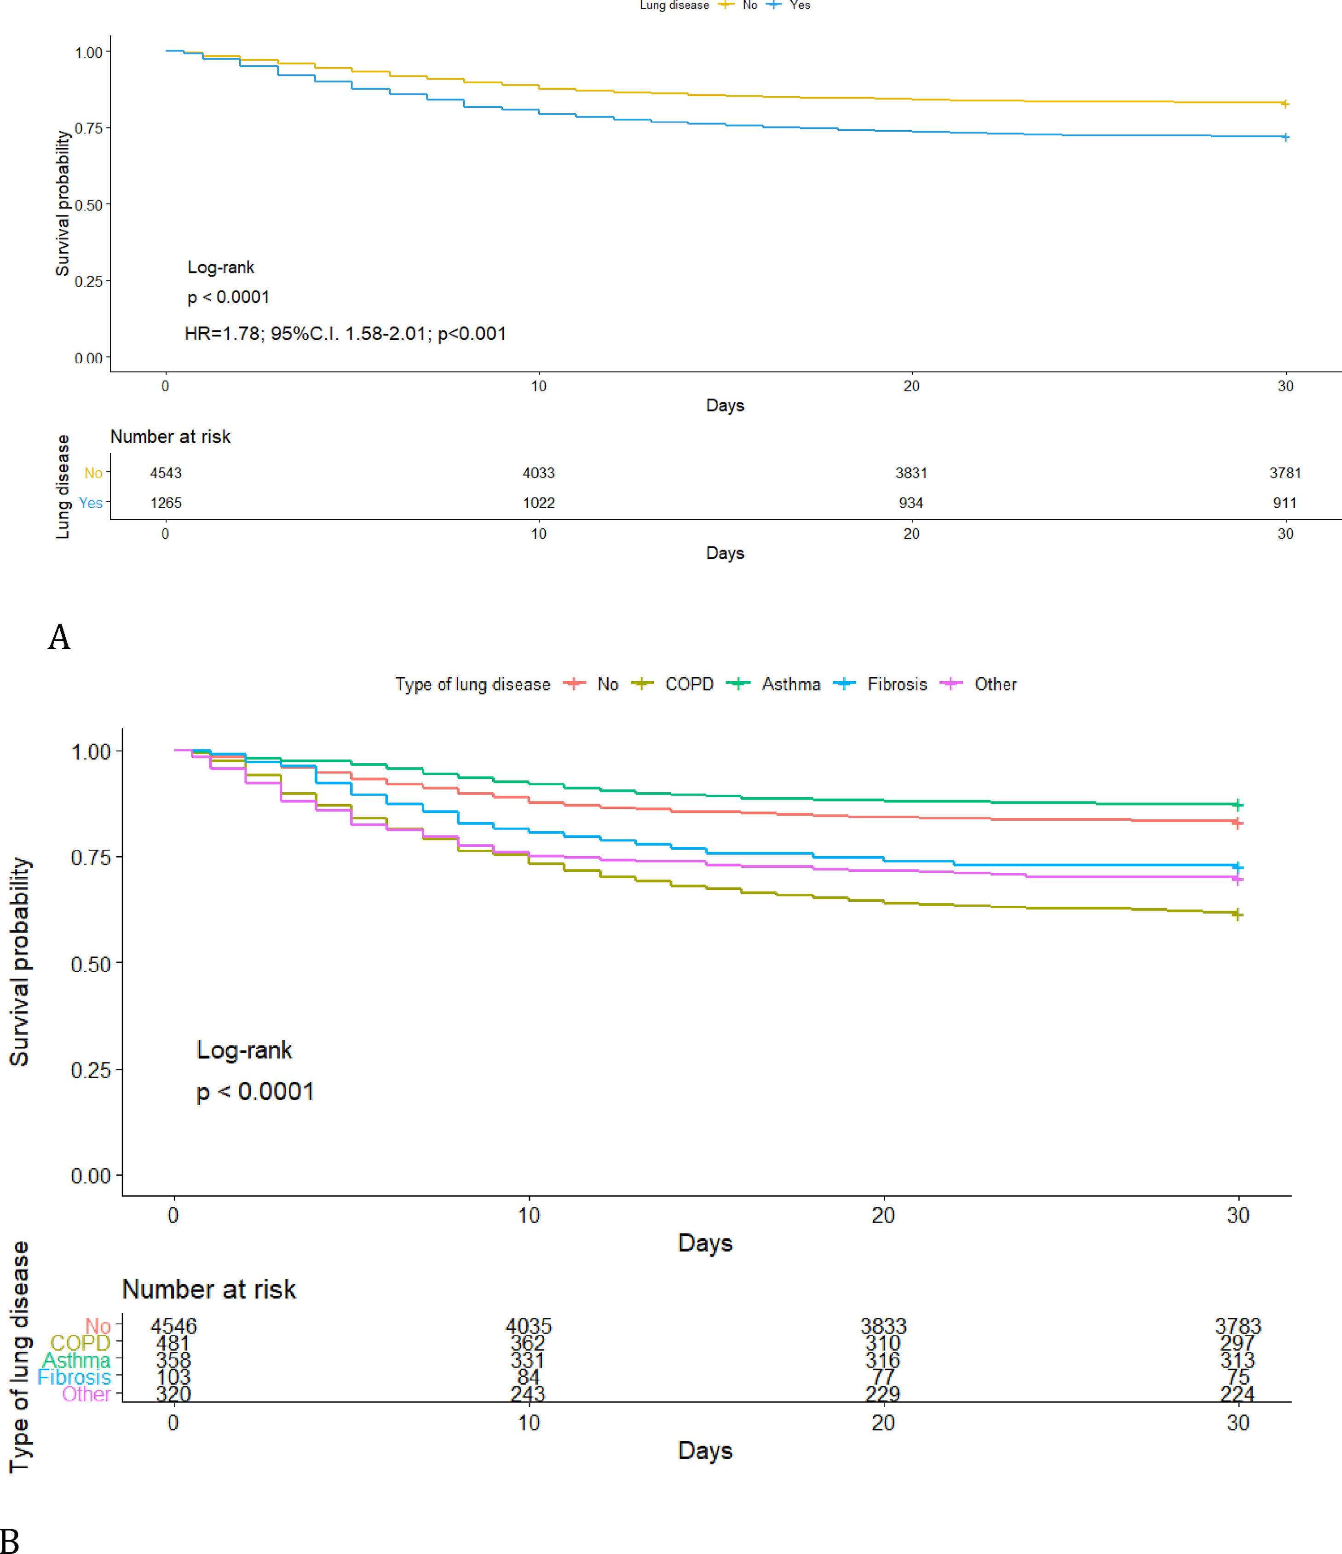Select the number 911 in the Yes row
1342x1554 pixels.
[1284, 503]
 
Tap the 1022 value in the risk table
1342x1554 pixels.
[539, 503]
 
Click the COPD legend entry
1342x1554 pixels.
[688, 684]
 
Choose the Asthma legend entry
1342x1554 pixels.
[790, 684]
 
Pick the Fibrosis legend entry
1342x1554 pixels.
[897, 684]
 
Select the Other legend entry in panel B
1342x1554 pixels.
[995, 684]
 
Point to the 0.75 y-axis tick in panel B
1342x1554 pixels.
[91, 857]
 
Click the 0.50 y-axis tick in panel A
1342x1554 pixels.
[88, 205]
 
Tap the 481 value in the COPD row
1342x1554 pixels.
[173, 1343]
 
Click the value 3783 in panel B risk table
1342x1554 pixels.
[1238, 1326]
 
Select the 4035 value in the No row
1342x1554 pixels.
[529, 1326]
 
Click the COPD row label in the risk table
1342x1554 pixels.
[80, 1343]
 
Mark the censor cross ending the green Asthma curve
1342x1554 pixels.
[1237, 805]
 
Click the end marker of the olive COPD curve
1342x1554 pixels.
[1237, 914]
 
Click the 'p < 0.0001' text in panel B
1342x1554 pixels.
[255, 1092]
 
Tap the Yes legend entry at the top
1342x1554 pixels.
[799, 5]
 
